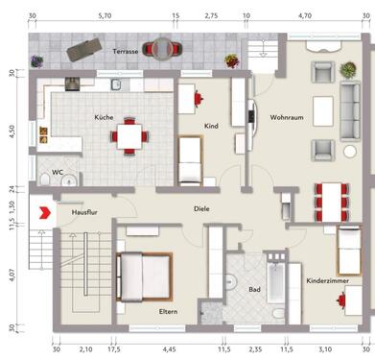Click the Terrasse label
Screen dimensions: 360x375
click(x=125, y=50)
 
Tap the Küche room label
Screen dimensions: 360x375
click(x=104, y=116)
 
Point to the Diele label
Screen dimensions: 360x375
click(x=201, y=207)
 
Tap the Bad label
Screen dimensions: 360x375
click(x=254, y=288)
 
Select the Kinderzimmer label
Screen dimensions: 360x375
click(x=325, y=280)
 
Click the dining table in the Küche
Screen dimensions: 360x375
click(x=129, y=136)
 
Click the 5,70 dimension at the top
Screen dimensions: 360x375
click(x=105, y=16)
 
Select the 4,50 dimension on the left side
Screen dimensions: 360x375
click(x=12, y=132)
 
